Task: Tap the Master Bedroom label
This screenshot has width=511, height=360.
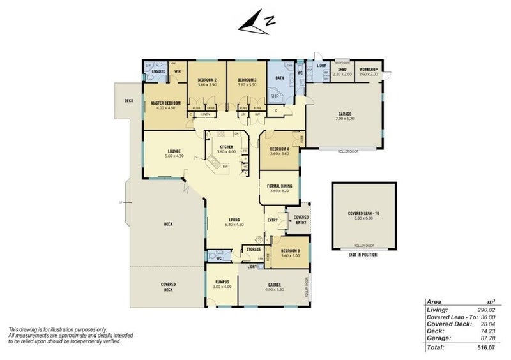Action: coord(165,103)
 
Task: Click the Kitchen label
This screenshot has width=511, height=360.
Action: coord(227,147)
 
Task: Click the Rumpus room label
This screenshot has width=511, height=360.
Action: coord(222,281)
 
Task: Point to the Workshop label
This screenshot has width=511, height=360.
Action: coord(369,70)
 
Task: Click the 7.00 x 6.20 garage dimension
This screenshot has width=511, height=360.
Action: coord(345,119)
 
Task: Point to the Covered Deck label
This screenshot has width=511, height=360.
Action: coord(169,286)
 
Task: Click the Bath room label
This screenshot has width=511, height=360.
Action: coord(279,78)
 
